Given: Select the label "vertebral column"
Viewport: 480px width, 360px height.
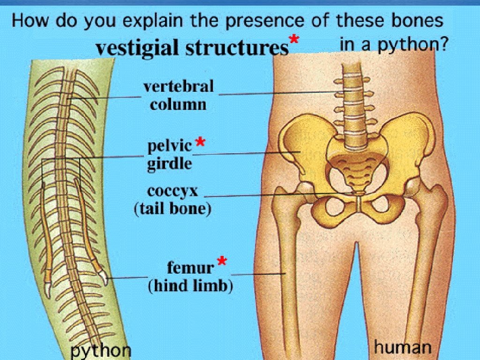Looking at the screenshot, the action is point(178,95).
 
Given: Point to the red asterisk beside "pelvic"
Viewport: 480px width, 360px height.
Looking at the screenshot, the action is point(200,142).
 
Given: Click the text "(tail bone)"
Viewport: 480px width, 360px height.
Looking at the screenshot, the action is point(172,209).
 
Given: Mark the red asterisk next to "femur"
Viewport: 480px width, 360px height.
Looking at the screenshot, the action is point(222,262).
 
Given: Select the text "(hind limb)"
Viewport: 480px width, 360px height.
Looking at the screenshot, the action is point(190,286).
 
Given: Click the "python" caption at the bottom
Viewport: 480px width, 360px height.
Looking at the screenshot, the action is point(101,351).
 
